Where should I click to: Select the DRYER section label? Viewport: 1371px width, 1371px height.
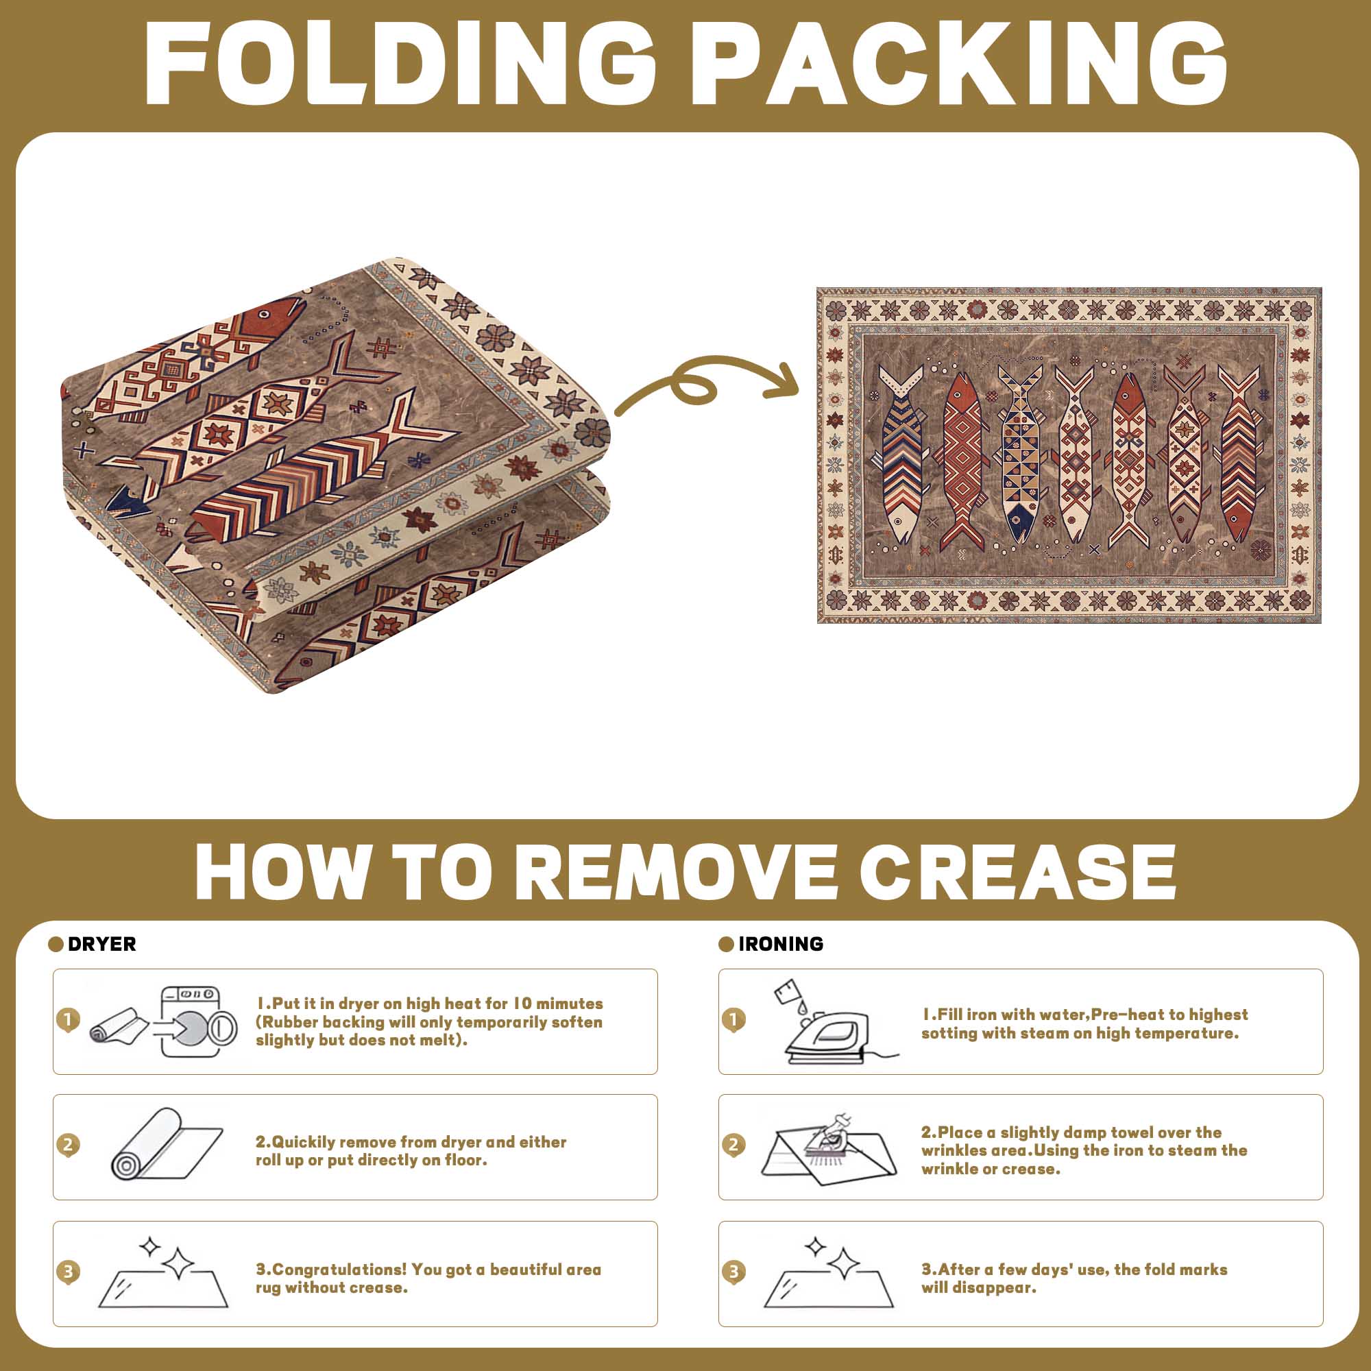tap(101, 944)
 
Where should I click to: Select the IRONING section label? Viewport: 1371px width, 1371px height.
tap(781, 944)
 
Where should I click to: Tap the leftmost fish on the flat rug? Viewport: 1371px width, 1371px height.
tap(901, 454)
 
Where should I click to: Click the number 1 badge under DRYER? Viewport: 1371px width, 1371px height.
tap(67, 1021)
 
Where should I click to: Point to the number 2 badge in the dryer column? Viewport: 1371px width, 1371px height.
tap(67, 1145)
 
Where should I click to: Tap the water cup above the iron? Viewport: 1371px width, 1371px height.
tap(788, 992)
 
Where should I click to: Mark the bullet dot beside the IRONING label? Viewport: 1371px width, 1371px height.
tap(725, 944)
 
